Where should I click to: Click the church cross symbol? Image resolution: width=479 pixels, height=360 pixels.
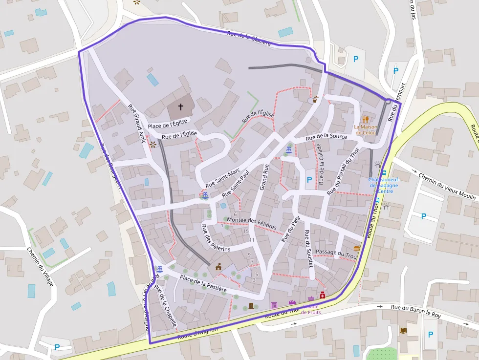click(180, 106)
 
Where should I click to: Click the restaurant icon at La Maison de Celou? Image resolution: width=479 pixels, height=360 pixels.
click(365, 119)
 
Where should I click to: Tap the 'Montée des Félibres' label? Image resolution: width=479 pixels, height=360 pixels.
click(252, 224)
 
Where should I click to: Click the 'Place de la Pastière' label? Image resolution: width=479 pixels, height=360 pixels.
click(203, 283)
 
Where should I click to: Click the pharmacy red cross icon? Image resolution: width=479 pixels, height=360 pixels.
click(323, 296)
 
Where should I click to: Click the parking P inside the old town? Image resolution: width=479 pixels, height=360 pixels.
click(309, 180)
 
